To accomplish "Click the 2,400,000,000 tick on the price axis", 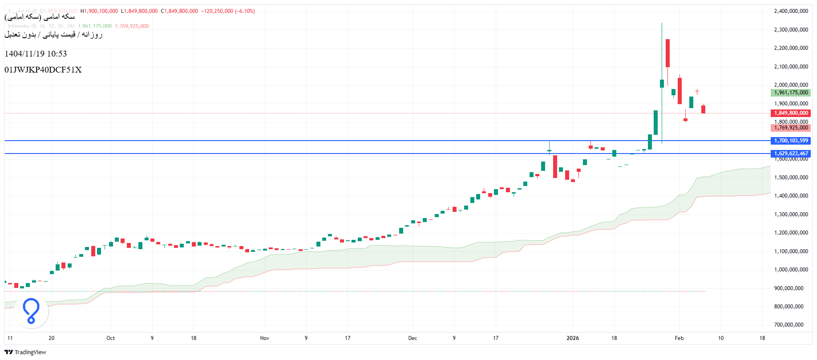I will pyautogui.click(x=791, y=11).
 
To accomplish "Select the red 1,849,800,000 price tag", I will pyautogui.click(x=791, y=113).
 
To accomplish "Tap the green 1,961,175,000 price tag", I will pyautogui.click(x=791, y=93).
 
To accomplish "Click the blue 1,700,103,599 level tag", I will pyautogui.click(x=791, y=141).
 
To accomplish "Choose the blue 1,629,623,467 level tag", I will pyautogui.click(x=791, y=154).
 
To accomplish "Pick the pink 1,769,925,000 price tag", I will pyautogui.click(x=791, y=128).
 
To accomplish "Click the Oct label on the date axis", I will pyautogui.click(x=110, y=338).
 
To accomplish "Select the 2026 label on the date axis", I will pyautogui.click(x=573, y=338).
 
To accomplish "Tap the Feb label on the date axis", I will pyautogui.click(x=679, y=338).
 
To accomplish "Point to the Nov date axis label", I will pyautogui.click(x=265, y=338).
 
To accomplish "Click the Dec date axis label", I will pyautogui.click(x=413, y=338).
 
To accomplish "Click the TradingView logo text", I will pyautogui.click(x=30, y=352).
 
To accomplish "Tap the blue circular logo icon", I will pyautogui.click(x=31, y=311).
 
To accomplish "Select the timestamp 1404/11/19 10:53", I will pyautogui.click(x=36, y=54).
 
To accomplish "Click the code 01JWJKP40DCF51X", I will pyautogui.click(x=43, y=70).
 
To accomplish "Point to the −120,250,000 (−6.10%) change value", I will pyautogui.click(x=228, y=11).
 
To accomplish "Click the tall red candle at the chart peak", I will pyautogui.click(x=667, y=53).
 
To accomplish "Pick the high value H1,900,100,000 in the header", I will pyautogui.click(x=99, y=11).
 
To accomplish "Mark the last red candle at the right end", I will pyautogui.click(x=703, y=109).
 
